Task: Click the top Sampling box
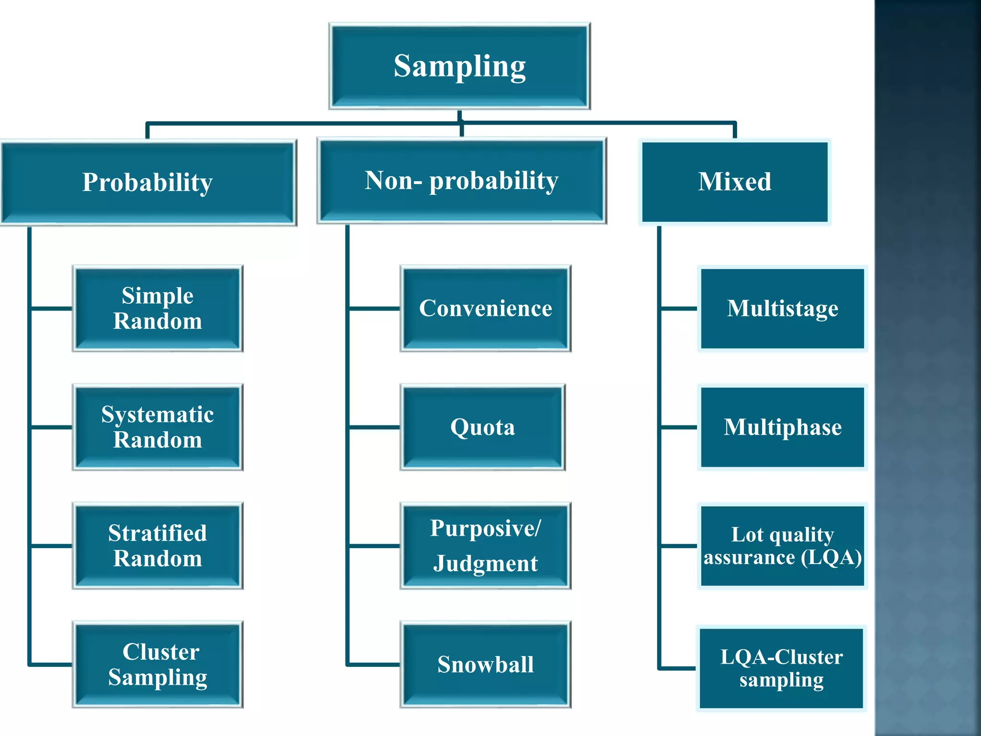(459, 66)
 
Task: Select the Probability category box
(148, 183)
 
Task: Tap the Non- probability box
(461, 181)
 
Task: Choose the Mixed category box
(734, 182)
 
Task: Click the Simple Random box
(158, 308)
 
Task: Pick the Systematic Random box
(158, 427)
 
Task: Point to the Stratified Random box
(158, 546)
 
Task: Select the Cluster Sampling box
(158, 665)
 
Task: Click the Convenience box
(485, 308)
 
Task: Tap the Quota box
(482, 427)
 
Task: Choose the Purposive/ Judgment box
(485, 546)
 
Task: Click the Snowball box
(485, 665)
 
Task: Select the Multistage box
(782, 308)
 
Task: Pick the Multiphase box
(782, 427)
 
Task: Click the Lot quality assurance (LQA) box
(782, 546)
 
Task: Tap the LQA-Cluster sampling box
(781, 668)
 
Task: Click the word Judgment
(485, 563)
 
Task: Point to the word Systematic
(158, 414)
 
